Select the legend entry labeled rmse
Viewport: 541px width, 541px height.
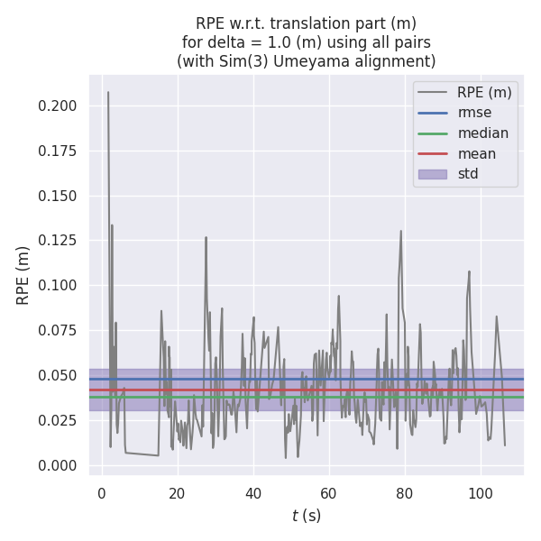474,113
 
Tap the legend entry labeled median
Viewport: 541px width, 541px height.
482,133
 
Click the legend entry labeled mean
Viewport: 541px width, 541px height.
477,153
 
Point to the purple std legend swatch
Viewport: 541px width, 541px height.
432,174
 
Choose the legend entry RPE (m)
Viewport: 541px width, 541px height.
484,92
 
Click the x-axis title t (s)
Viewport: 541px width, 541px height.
307,516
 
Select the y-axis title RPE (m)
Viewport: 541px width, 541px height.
23,275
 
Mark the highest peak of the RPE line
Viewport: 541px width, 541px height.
108,92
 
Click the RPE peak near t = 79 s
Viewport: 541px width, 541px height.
401,231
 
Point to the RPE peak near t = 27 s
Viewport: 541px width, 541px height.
206,237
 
